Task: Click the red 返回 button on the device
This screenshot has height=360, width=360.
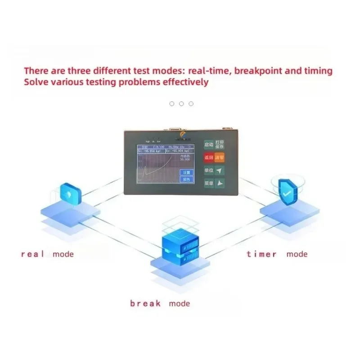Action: click(209, 158)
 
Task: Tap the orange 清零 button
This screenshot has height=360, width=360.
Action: click(219, 158)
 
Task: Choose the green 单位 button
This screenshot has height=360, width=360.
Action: click(209, 171)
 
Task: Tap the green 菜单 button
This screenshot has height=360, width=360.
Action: click(209, 184)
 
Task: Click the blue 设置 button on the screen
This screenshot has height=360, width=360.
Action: click(186, 172)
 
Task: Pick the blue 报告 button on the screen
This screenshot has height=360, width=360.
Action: click(186, 179)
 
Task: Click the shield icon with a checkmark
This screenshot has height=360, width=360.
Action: click(286, 192)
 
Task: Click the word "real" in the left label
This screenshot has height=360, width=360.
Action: click(33, 254)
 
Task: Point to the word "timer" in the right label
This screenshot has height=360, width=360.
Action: click(261, 254)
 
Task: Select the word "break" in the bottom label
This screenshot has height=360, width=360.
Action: click(145, 304)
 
